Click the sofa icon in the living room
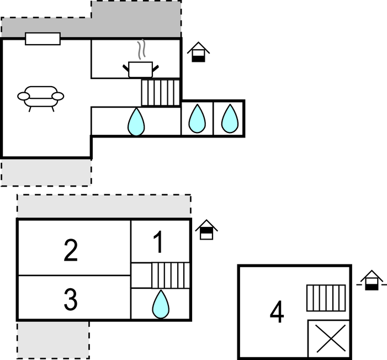pyautogui.click(x=41, y=98)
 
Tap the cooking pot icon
pyautogui.click(x=141, y=70)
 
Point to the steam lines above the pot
pyautogui.click(x=141, y=49)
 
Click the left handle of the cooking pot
pyautogui.click(x=126, y=68)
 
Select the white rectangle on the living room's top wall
pyautogui.click(x=43, y=39)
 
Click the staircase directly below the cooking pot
pyautogui.click(x=161, y=93)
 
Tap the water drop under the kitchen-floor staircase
pyautogui.click(x=136, y=121)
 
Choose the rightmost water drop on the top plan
pyautogui.click(x=230, y=119)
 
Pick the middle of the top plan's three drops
pyautogui.click(x=197, y=119)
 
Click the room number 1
pyautogui.click(x=158, y=242)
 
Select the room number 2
pyautogui.click(x=71, y=250)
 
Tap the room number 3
pyautogui.click(x=71, y=299)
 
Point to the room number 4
pyautogui.click(x=277, y=311)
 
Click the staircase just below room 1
pyautogui.click(x=171, y=276)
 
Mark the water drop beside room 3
pyautogui.click(x=161, y=304)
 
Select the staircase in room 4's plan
pyautogui.click(x=326, y=298)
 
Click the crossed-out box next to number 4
pyautogui.click(x=329, y=338)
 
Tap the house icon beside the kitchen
pyautogui.click(x=198, y=52)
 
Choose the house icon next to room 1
pyautogui.click(x=206, y=230)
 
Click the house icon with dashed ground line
pyautogui.click(x=372, y=280)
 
